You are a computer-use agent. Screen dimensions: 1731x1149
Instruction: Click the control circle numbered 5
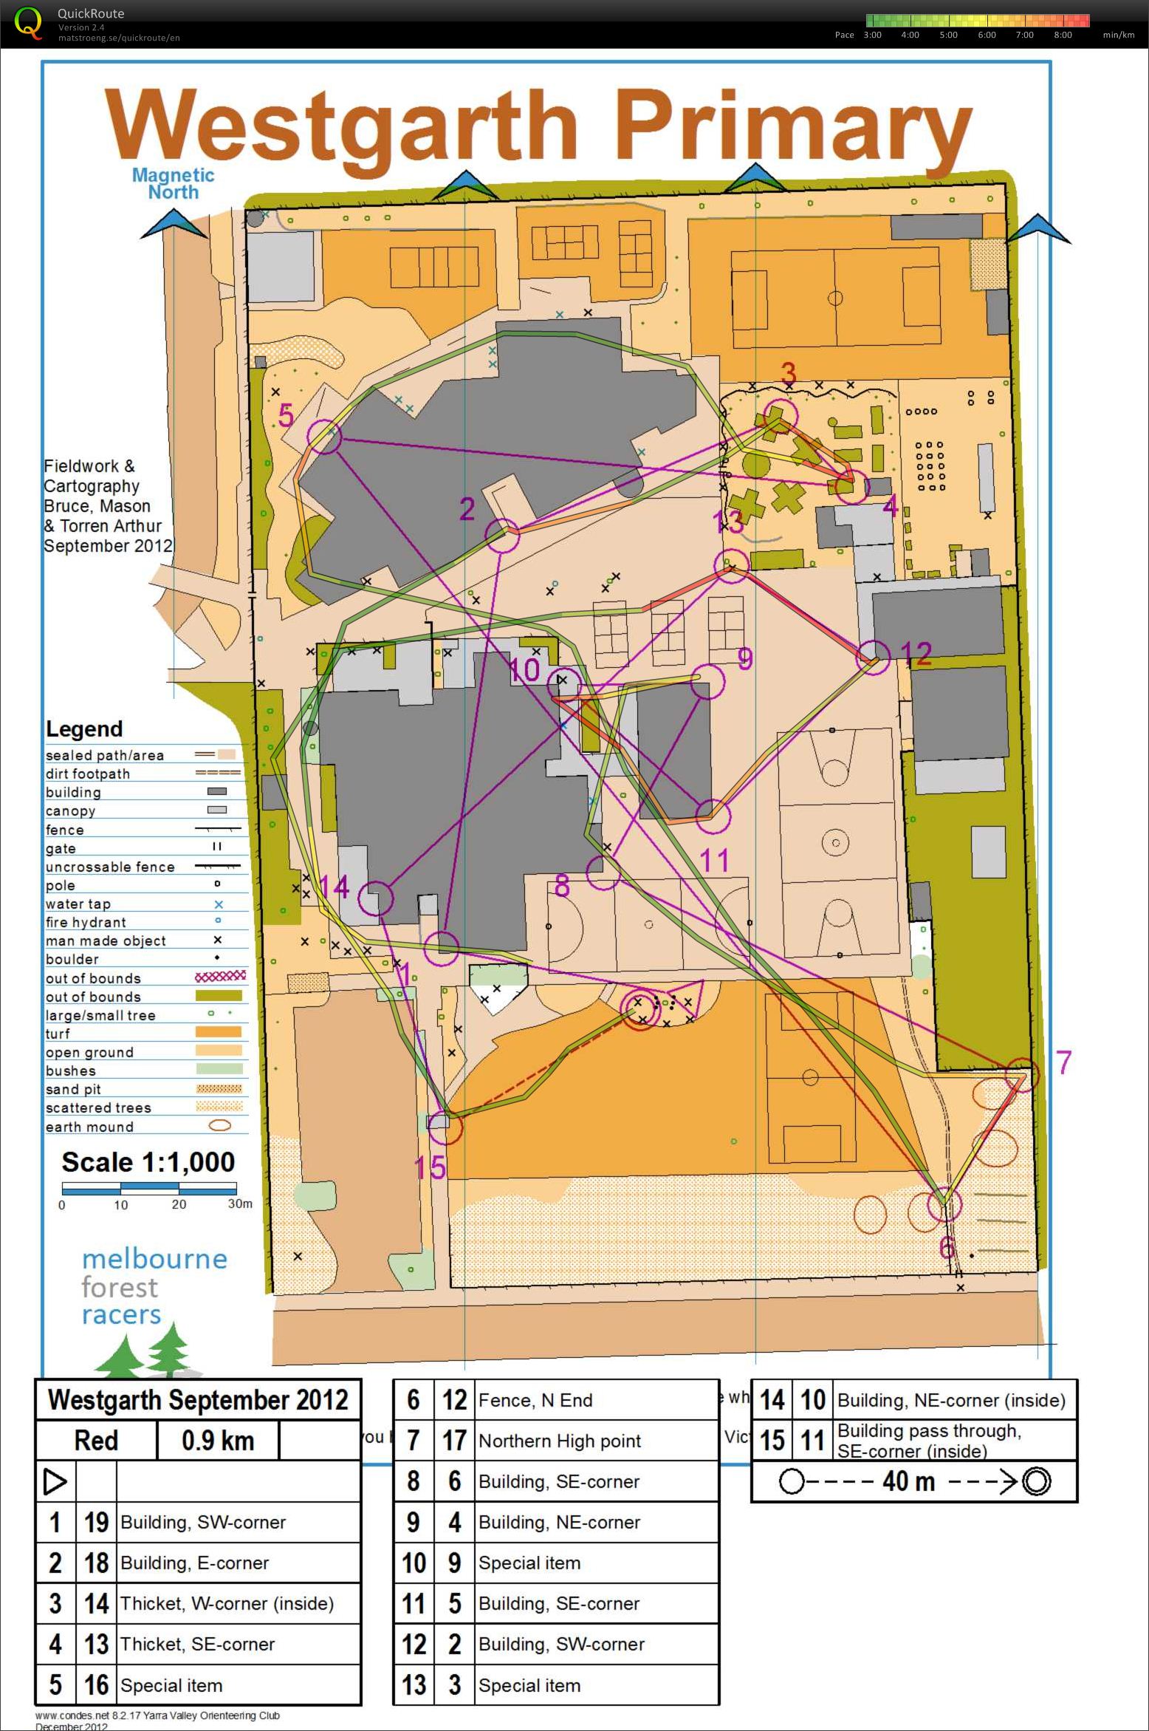pyautogui.click(x=323, y=437)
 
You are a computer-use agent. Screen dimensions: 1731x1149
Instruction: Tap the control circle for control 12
pyautogui.click(x=873, y=657)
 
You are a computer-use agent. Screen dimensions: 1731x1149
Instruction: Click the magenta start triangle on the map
pyautogui.click(x=687, y=995)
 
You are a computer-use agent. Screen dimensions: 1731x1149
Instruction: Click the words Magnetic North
pyautogui.click(x=173, y=184)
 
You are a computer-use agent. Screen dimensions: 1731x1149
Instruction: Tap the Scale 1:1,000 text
pyautogui.click(x=148, y=1162)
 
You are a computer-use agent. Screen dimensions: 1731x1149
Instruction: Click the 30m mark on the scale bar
pyautogui.click(x=239, y=1204)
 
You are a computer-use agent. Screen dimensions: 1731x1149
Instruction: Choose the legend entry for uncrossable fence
pyautogui.click(x=111, y=867)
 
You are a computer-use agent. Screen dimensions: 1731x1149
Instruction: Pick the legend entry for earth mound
pyautogui.click(x=90, y=1127)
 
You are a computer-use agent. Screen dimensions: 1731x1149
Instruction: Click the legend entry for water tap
pyautogui.click(x=78, y=904)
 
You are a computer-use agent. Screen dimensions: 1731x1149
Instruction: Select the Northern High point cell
pyautogui.click(x=559, y=1441)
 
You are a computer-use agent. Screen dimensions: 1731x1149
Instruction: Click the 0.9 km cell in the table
pyautogui.click(x=217, y=1441)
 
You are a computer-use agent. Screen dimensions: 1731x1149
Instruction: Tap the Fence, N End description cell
pyautogui.click(x=535, y=1400)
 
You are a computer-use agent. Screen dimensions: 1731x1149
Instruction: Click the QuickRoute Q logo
pyautogui.click(x=27, y=22)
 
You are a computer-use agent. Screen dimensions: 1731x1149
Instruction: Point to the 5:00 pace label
pyautogui.click(x=948, y=35)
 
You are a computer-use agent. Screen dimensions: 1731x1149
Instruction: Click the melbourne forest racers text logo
pyautogui.click(x=154, y=1286)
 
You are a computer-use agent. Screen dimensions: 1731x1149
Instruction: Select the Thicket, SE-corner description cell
pyautogui.click(x=197, y=1644)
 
